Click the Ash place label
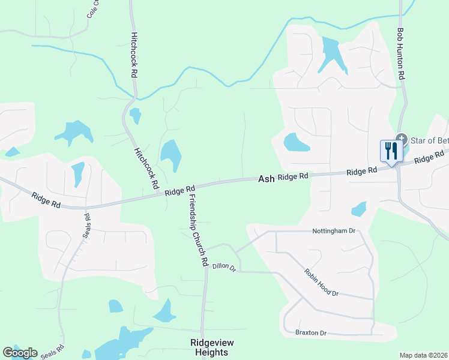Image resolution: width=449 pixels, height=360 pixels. click(266, 179)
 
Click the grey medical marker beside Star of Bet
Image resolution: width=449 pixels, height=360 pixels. click(401, 139)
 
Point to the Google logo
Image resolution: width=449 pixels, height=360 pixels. click(20, 353)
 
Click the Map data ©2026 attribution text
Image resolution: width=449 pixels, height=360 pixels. click(423, 355)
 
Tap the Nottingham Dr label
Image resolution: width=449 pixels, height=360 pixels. click(334, 230)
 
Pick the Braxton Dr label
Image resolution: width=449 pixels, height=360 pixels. click(310, 332)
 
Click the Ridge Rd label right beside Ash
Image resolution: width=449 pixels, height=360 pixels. click(293, 176)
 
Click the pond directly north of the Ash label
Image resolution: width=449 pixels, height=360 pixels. click(295, 142)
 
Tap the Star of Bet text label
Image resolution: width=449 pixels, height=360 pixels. click(429, 140)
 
